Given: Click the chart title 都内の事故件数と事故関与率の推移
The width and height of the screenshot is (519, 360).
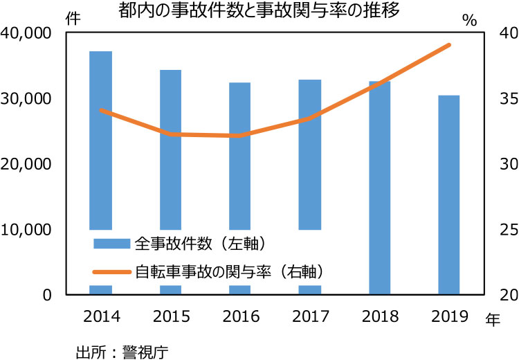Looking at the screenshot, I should coord(259,10).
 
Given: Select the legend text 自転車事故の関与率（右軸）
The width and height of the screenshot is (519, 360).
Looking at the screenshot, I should coord(230,270).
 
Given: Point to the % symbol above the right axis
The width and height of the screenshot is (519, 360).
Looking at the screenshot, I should coord(470,20).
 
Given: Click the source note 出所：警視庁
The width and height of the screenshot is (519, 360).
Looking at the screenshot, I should coord(122,350).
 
